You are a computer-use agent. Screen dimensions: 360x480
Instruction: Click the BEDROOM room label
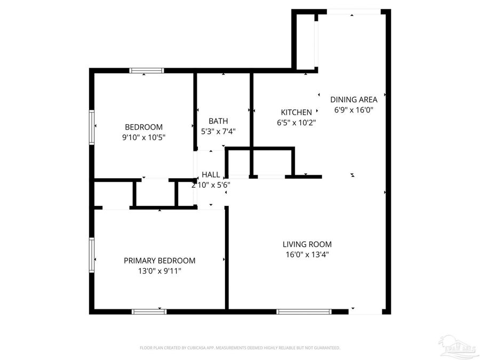click(x=143, y=127)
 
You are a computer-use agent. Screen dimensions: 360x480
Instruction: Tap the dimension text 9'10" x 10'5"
click(x=143, y=137)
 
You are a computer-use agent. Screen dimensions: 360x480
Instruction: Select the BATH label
click(x=218, y=121)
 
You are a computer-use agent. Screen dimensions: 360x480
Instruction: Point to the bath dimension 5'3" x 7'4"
click(x=218, y=131)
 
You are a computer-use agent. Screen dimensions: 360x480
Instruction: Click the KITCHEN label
click(x=296, y=113)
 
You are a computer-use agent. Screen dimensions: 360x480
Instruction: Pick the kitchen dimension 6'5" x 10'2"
click(x=296, y=123)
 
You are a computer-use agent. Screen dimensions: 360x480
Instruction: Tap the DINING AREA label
click(x=354, y=99)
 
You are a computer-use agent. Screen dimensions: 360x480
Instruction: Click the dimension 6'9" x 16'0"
click(x=354, y=110)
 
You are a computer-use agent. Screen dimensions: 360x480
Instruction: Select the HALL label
click(x=211, y=174)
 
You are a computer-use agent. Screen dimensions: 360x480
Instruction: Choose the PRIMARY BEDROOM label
click(x=159, y=261)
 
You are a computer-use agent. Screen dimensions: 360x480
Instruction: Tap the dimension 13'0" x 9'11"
click(x=159, y=271)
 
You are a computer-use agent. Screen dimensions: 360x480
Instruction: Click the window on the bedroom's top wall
click(x=147, y=70)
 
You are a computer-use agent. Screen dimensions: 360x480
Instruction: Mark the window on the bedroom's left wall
click(x=92, y=126)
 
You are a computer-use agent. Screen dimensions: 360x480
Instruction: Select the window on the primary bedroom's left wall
click(x=92, y=255)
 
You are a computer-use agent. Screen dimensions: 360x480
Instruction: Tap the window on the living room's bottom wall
click(x=304, y=311)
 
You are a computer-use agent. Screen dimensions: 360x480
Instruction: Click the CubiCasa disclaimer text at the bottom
click(x=240, y=348)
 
